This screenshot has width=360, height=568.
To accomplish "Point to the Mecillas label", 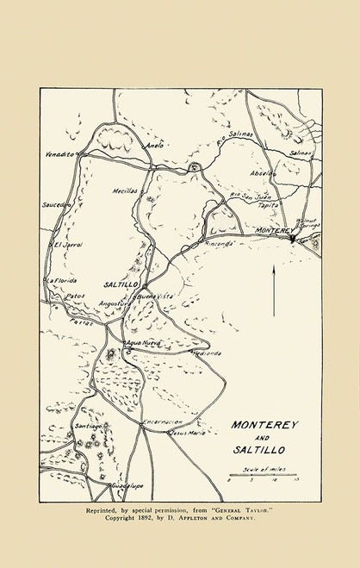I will coord(125,190).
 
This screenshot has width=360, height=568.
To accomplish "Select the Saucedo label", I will coord(53,206).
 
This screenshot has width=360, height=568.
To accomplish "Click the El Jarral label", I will coord(65,246).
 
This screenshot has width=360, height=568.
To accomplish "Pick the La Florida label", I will coord(61,280).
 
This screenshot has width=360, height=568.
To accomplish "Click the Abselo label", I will coord(264,172).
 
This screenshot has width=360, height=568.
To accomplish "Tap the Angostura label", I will coord(116,303).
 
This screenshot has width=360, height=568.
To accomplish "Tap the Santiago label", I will coord(89,426).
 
